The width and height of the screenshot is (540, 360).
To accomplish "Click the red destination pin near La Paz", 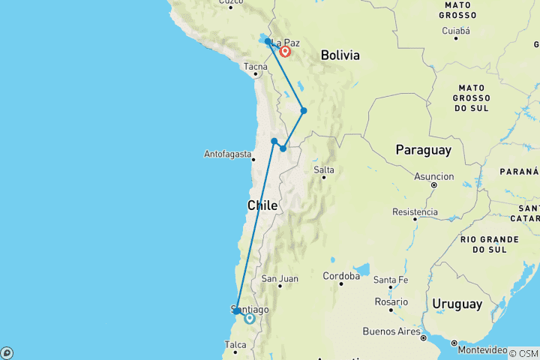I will [286, 52].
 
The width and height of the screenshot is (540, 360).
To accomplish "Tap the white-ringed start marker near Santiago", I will [250, 319].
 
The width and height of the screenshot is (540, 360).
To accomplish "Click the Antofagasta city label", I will [227, 154].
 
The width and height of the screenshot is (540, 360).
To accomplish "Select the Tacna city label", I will [255, 67].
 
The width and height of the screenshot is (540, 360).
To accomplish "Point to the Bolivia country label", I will [340, 55].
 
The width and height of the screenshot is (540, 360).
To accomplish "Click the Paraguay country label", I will [424, 150].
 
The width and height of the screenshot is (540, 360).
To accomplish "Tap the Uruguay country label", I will [457, 304].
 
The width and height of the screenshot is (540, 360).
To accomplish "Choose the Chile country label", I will [262, 205].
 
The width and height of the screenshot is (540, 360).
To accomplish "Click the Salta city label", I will [324, 169].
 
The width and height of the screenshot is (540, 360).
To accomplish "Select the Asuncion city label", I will [434, 177].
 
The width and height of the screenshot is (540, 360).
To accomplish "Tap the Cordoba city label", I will [341, 276].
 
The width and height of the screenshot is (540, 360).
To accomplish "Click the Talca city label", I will [235, 345].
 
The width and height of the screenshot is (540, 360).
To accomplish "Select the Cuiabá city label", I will [456, 31].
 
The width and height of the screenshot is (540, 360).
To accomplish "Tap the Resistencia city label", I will [415, 212].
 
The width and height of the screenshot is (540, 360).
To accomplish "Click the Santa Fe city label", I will [391, 280].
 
